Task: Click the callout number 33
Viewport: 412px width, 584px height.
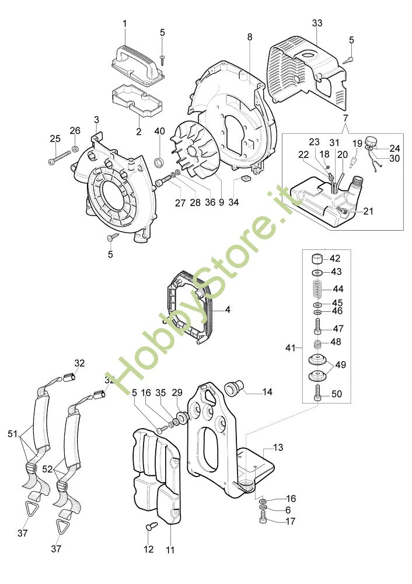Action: (x=317, y=23)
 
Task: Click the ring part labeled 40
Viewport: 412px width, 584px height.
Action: (x=159, y=161)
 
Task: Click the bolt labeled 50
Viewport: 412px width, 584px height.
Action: (x=318, y=394)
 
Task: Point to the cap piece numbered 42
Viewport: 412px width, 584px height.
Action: (x=319, y=259)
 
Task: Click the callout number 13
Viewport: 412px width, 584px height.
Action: (x=278, y=447)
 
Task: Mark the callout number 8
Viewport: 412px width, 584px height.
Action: (x=250, y=37)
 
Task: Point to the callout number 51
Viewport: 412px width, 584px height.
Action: (x=12, y=434)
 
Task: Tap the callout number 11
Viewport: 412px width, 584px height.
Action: (x=170, y=548)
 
